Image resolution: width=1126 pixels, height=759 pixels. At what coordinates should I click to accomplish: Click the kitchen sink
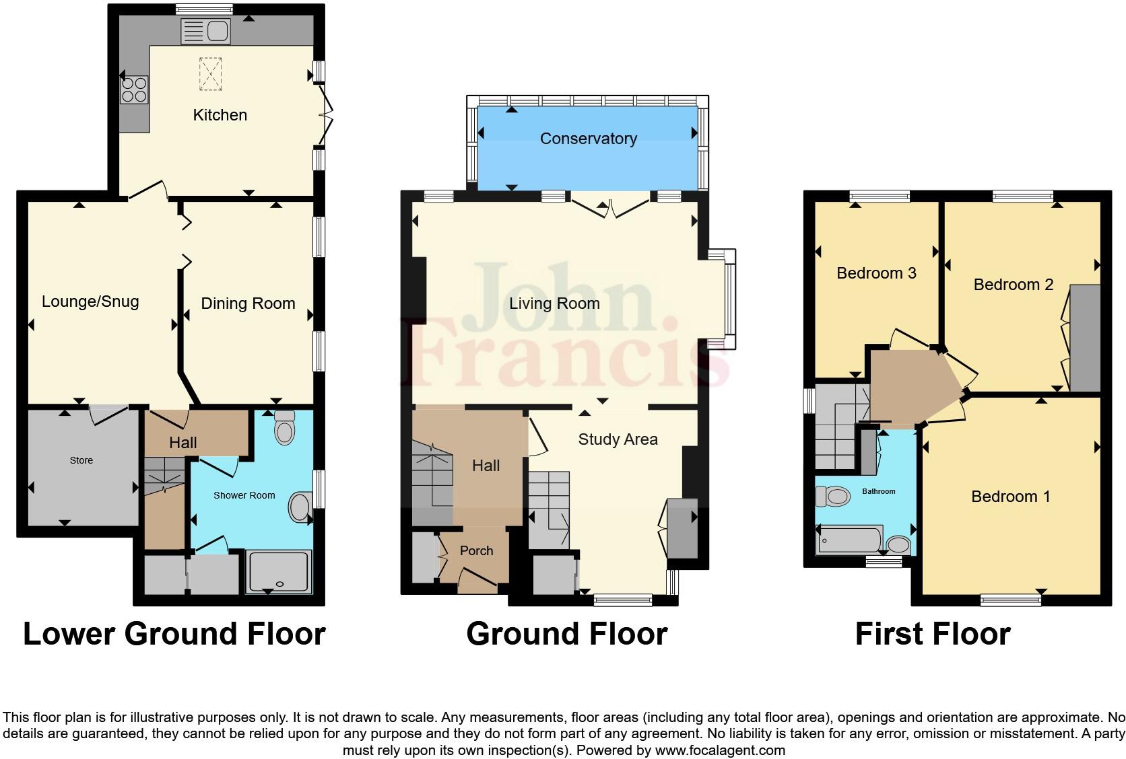coord(206,31)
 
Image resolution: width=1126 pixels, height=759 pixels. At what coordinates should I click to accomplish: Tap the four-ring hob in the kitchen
coord(135,89)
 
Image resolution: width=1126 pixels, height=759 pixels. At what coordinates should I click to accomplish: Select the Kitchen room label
coord(220,115)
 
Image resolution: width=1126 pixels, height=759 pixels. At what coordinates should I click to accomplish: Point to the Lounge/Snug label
coord(90,301)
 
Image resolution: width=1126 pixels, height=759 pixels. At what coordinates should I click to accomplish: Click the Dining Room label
coord(248,303)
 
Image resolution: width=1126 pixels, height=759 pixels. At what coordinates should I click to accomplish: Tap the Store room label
coord(81,461)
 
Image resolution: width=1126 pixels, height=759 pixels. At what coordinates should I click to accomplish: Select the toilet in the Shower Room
coord(285,427)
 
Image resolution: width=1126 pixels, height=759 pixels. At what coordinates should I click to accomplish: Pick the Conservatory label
coord(588,139)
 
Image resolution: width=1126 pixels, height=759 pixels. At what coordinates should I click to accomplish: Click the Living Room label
coord(554,303)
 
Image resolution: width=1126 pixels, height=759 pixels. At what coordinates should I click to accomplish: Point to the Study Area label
coord(618,439)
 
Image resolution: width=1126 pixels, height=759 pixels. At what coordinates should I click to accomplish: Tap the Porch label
coord(476,550)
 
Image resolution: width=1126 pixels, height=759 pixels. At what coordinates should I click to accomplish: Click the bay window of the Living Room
coord(729,299)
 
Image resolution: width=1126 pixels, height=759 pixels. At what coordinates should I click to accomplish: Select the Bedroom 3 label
coord(876,273)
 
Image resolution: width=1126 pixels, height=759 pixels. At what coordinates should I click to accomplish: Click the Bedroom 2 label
coord(1013,285)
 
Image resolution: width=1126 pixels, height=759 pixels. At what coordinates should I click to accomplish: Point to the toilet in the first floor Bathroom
coord(832,497)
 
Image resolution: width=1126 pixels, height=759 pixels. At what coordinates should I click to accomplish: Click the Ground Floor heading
coord(566,634)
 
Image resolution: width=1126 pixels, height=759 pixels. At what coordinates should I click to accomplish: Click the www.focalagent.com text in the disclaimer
coord(720,750)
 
